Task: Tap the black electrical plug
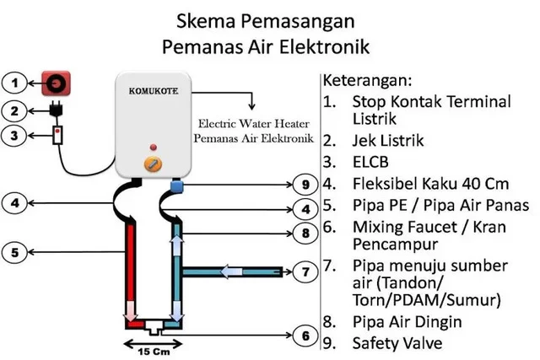pyautogui.click(x=57, y=110)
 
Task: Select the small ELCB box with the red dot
pyautogui.click(x=57, y=135)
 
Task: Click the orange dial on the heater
pyautogui.click(x=153, y=164)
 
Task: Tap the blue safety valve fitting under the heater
pyautogui.click(x=177, y=185)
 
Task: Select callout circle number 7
pyautogui.click(x=307, y=271)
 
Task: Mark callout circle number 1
pyautogui.click(x=14, y=83)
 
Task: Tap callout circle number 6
pyautogui.click(x=307, y=336)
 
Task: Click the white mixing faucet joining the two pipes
pyautogui.click(x=153, y=325)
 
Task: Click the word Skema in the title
pyautogui.click(x=213, y=19)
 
